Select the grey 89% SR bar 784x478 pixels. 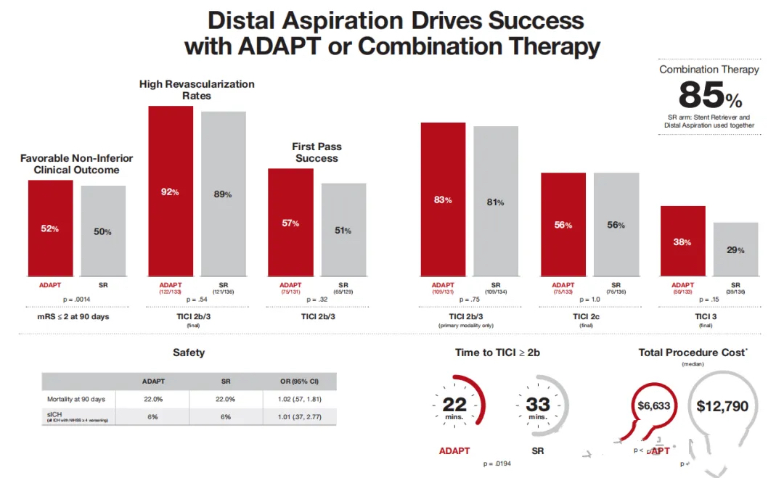(224, 194)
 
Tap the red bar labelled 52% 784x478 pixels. (51, 228)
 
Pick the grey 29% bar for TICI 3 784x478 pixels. (735, 249)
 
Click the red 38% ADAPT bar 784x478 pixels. (682, 241)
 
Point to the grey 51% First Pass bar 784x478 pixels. (343, 229)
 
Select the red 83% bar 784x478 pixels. (443, 199)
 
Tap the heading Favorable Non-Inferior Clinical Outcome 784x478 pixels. (76, 164)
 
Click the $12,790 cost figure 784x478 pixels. (722, 406)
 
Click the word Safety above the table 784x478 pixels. (189, 353)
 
